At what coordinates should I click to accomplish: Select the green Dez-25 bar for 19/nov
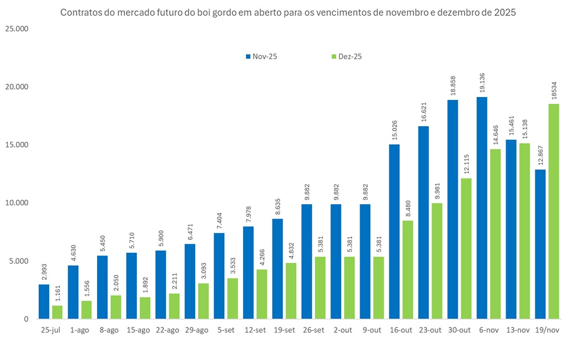[554, 211]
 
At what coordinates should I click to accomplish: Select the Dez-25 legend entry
[346, 56]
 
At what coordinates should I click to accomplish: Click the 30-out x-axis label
[459, 330]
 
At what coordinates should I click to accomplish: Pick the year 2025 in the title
[505, 13]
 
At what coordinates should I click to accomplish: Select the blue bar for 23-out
[423, 223]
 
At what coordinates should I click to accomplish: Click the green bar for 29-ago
[204, 301]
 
